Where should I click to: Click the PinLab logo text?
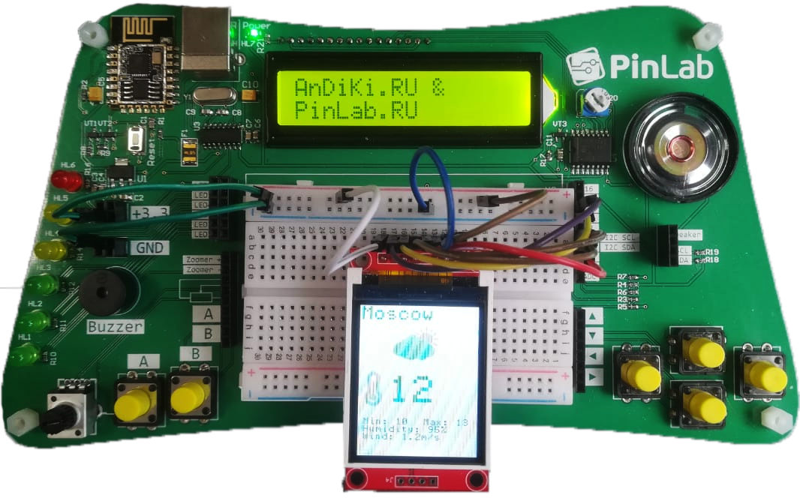[660, 66]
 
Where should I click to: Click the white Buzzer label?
[116, 326]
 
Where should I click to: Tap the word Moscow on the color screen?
[397, 313]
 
